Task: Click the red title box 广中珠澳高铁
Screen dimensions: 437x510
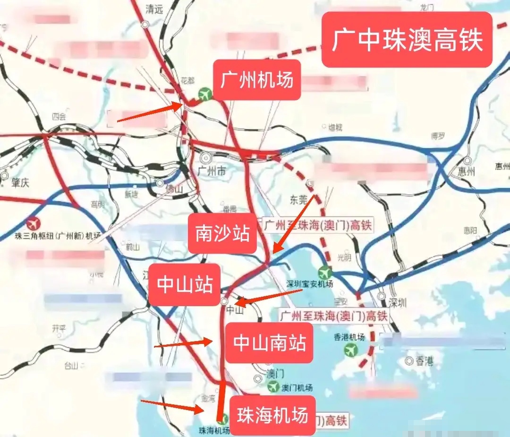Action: (x=407, y=40)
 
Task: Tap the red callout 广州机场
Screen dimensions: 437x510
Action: (x=257, y=80)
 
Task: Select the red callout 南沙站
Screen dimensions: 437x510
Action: (x=222, y=233)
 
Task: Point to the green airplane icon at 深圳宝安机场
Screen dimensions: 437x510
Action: (x=324, y=273)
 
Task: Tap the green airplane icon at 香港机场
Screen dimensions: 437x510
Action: (x=350, y=350)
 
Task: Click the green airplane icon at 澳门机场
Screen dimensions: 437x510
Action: (x=273, y=387)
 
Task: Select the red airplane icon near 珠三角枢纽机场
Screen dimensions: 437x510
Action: (x=33, y=223)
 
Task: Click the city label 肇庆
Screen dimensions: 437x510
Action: (x=21, y=182)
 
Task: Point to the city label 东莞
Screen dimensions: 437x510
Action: (x=298, y=199)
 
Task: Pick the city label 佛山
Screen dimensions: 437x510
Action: (x=174, y=189)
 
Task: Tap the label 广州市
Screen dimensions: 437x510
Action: (x=212, y=171)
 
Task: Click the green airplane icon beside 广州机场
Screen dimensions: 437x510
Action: (x=205, y=94)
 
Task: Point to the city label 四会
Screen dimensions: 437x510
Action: (x=59, y=116)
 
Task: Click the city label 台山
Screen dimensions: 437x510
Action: (x=71, y=365)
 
